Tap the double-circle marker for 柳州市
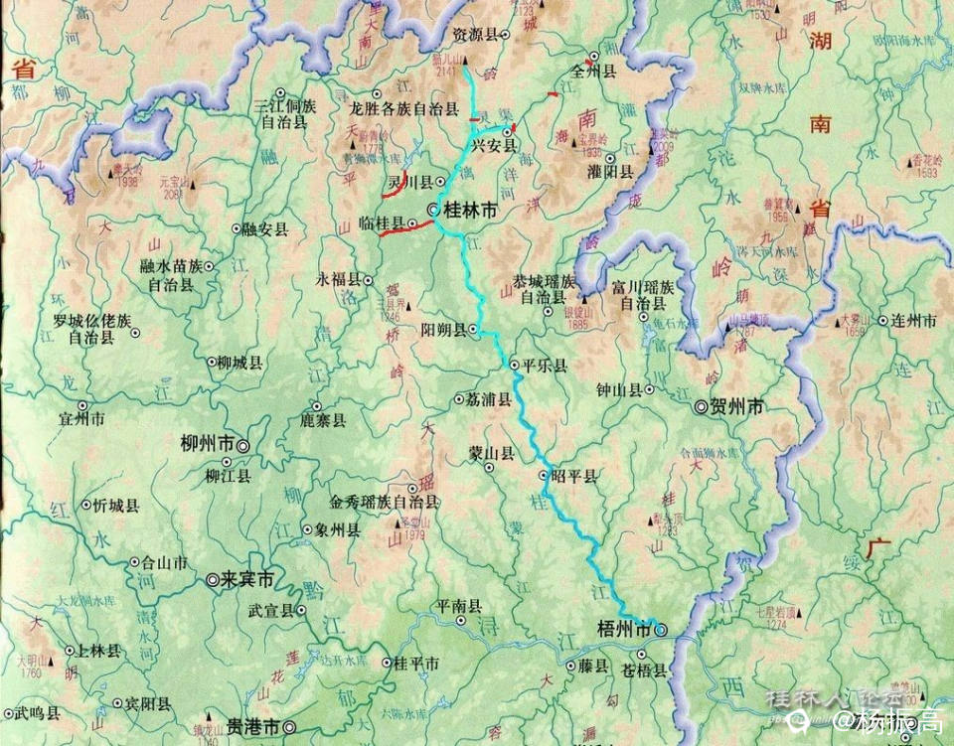[x=241, y=446]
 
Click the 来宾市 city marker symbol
[x=212, y=580]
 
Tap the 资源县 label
[x=475, y=34]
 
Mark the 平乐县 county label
[x=545, y=366]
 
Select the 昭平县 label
[x=575, y=477]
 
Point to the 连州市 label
[x=915, y=321]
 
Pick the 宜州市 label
[x=81, y=420]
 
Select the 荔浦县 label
[x=489, y=399]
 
